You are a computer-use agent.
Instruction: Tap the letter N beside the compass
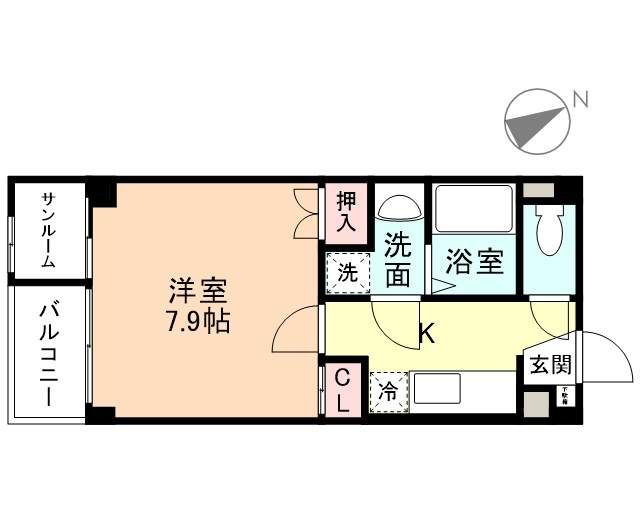[579, 98]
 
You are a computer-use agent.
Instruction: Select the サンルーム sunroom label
[48, 230]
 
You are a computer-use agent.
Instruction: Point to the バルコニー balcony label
[47, 353]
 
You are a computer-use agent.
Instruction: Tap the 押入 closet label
[345, 212]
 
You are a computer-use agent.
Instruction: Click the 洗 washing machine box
[345, 270]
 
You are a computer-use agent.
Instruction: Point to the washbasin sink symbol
[398, 208]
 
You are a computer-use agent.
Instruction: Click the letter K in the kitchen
[425, 333]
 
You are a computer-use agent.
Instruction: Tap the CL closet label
[342, 390]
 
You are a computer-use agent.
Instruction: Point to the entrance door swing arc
[605, 355]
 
